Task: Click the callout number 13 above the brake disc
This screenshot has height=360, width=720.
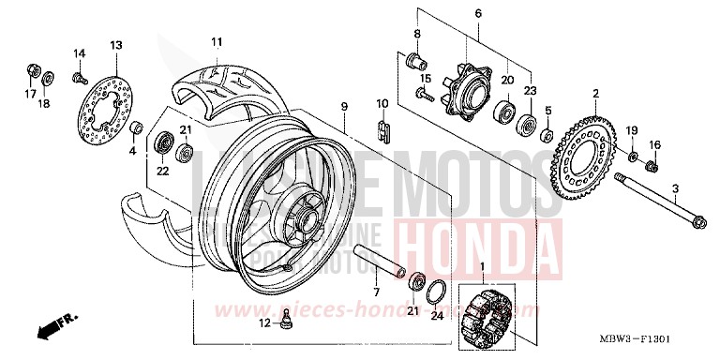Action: pyautogui.click(x=116, y=45)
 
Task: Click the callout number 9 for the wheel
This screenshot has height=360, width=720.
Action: pyautogui.click(x=344, y=106)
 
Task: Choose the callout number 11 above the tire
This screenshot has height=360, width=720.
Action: pyautogui.click(x=217, y=41)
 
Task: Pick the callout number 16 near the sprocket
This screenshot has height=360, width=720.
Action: pyautogui.click(x=655, y=144)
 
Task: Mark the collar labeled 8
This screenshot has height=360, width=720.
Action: pyautogui.click(x=411, y=63)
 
